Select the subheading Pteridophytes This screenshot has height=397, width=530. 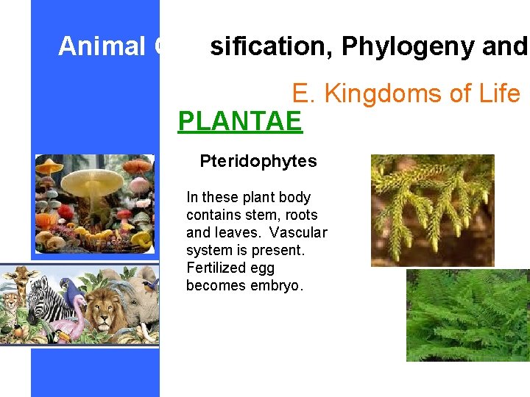tap(258, 161)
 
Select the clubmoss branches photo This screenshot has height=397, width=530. tap(432, 210)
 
